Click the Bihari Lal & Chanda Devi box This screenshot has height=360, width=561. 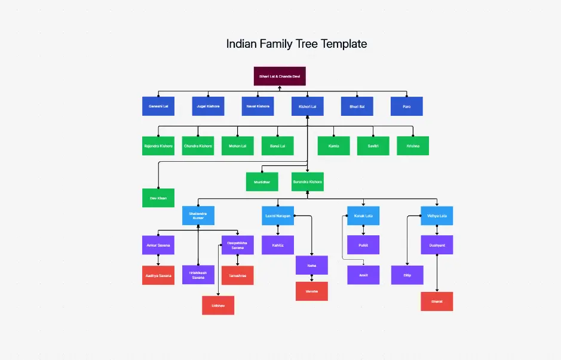(280, 76)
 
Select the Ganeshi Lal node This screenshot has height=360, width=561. (158, 106)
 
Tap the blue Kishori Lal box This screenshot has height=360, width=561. (307, 106)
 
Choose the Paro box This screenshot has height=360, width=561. (407, 106)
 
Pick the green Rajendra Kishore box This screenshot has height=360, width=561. (158, 146)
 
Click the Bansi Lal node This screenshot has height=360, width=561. (277, 146)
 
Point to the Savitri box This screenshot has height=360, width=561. (373, 146)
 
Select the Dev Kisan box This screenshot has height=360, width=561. (158, 198)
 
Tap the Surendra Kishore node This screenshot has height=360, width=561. (307, 181)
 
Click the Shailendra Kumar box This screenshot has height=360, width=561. (198, 216)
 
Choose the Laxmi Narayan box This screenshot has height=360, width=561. (277, 216)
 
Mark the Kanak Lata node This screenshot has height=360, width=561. (363, 216)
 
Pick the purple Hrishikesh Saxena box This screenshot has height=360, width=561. (198, 275)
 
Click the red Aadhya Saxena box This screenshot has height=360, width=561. (158, 275)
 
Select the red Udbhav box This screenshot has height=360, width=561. (218, 305)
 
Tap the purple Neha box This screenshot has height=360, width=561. (311, 265)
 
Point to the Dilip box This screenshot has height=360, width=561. (407, 275)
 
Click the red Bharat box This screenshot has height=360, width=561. (437, 301)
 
